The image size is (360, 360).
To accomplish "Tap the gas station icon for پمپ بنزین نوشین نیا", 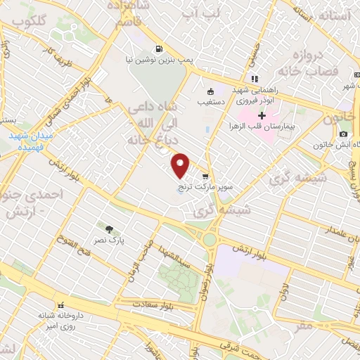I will [x=160, y=49].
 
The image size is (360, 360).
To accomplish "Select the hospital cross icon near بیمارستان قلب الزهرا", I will [x=262, y=115].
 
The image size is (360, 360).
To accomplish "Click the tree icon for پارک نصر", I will [x=109, y=229].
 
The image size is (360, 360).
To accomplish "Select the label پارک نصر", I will [x=110, y=240].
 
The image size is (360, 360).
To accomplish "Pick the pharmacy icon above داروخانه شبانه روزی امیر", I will [x=61, y=305].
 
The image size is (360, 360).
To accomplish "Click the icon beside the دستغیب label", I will [x=210, y=91].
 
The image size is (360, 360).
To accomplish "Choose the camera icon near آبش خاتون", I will [x=343, y=134].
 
